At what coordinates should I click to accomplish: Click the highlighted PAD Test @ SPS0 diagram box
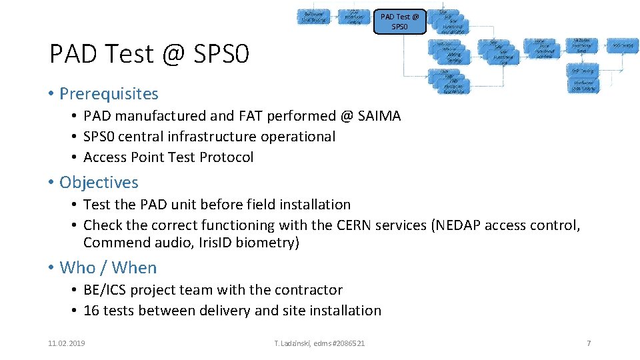coord(399,21)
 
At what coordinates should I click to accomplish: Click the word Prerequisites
coord(109,94)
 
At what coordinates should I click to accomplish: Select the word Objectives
coord(99,182)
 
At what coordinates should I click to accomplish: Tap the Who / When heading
coord(108,267)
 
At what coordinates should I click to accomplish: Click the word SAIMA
coord(379,116)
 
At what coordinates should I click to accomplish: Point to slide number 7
coord(589,343)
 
